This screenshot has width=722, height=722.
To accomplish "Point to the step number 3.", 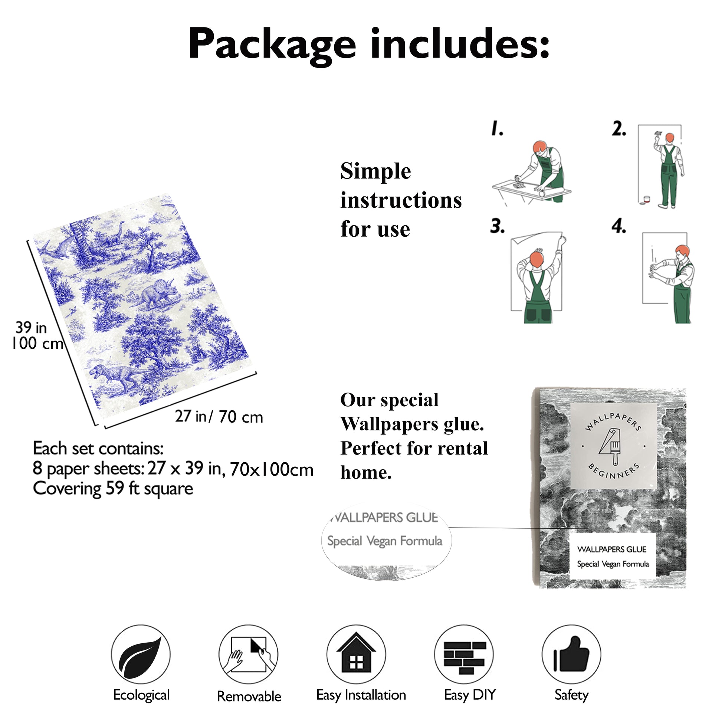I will click(x=497, y=226).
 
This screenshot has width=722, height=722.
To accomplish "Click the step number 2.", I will click(x=619, y=129).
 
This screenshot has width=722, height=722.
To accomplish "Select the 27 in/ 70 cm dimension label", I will click(x=219, y=417).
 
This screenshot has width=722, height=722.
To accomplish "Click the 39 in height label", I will click(x=31, y=328).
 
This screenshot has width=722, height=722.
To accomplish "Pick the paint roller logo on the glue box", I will click(x=611, y=446).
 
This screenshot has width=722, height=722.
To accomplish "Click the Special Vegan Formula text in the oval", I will click(x=385, y=541).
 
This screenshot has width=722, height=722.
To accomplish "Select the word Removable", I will click(x=249, y=697).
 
